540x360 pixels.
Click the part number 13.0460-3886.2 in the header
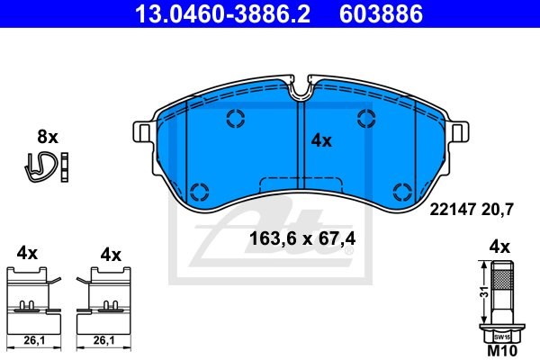[222, 13]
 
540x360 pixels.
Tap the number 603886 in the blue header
[381, 13]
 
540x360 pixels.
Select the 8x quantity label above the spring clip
[48, 137]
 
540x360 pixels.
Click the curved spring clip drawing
[40, 166]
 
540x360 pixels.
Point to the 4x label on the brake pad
[321, 141]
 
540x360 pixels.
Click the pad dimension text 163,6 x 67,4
[302, 238]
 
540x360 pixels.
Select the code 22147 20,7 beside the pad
[472, 209]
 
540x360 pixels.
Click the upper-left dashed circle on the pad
[236, 118]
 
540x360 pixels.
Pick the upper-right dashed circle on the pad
[366, 118]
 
